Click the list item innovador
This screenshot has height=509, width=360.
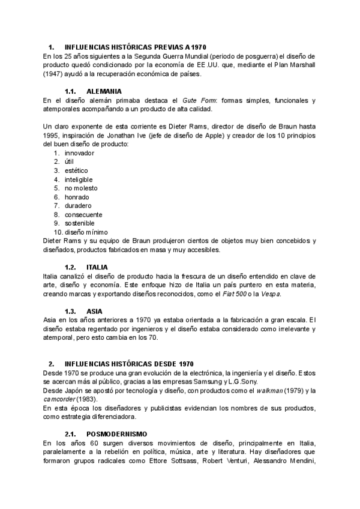coord(80,153)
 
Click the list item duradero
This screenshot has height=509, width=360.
coord(78,205)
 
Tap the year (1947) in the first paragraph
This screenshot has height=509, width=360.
coord(55,74)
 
